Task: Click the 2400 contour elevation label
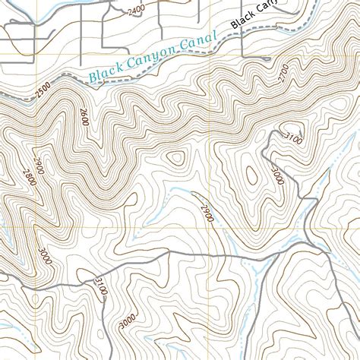[x=136, y=10]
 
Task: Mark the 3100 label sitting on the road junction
[x=101, y=288]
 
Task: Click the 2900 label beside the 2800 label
[x=39, y=166]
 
